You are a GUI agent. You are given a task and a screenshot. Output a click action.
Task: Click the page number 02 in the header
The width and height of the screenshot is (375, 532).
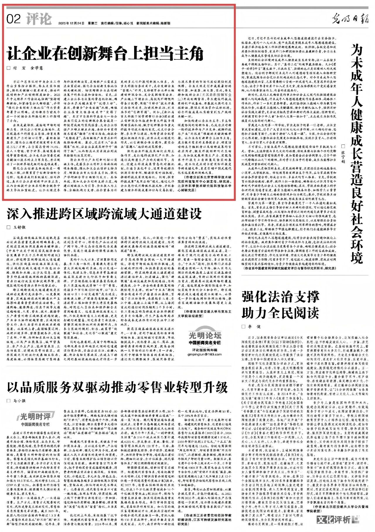coord(13,19)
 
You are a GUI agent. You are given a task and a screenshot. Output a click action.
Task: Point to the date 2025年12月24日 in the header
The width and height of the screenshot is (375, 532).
coord(71,23)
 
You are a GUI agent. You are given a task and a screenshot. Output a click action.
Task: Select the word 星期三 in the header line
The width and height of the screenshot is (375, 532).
coord(93,23)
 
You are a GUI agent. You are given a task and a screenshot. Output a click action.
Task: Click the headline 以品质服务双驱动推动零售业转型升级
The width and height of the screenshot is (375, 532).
coord(117,387)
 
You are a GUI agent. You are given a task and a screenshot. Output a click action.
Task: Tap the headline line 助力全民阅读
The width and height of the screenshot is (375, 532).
coord(280,313)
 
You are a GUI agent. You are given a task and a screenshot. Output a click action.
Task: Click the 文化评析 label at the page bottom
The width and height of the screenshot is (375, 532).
coord(334,520)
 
